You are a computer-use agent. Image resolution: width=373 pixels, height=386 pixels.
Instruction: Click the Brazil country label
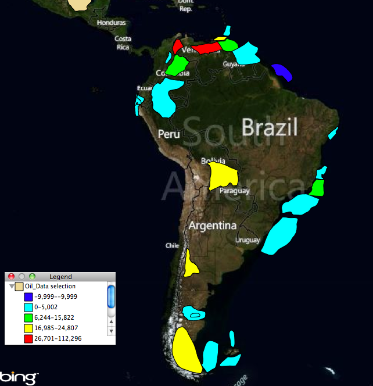coord(270,127)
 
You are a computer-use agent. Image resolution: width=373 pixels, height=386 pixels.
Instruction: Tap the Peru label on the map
coord(170,134)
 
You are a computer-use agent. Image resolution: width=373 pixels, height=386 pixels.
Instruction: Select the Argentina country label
coord(212,226)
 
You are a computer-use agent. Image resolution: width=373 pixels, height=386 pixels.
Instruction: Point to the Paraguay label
coord(235,191)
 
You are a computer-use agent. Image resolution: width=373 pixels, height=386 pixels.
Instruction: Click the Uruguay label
coord(248,240)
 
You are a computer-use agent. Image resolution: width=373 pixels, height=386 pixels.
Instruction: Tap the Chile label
coord(172,245)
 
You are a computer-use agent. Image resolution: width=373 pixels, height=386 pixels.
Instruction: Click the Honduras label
coord(112,23)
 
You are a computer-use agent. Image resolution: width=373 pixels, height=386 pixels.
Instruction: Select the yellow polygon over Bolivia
coord(223,175)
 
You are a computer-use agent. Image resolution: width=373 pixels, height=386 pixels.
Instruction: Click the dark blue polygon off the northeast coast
coord(282,72)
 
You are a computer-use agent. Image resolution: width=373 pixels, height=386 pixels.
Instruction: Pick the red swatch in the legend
coord(27,339)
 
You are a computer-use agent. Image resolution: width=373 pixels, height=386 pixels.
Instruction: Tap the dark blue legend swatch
coord(27,296)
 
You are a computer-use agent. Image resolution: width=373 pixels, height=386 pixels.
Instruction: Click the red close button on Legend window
coord(11,277)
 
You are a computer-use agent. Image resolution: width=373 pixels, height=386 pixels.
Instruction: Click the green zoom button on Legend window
coord(32,277)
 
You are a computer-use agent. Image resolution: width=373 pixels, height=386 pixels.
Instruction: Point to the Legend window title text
coord(60,277)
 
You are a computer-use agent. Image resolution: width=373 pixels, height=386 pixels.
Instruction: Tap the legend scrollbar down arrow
coord(112,331)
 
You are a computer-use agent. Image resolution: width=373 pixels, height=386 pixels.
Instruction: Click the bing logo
coord(21,377)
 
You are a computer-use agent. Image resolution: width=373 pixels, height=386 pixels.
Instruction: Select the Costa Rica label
coord(123,43)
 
